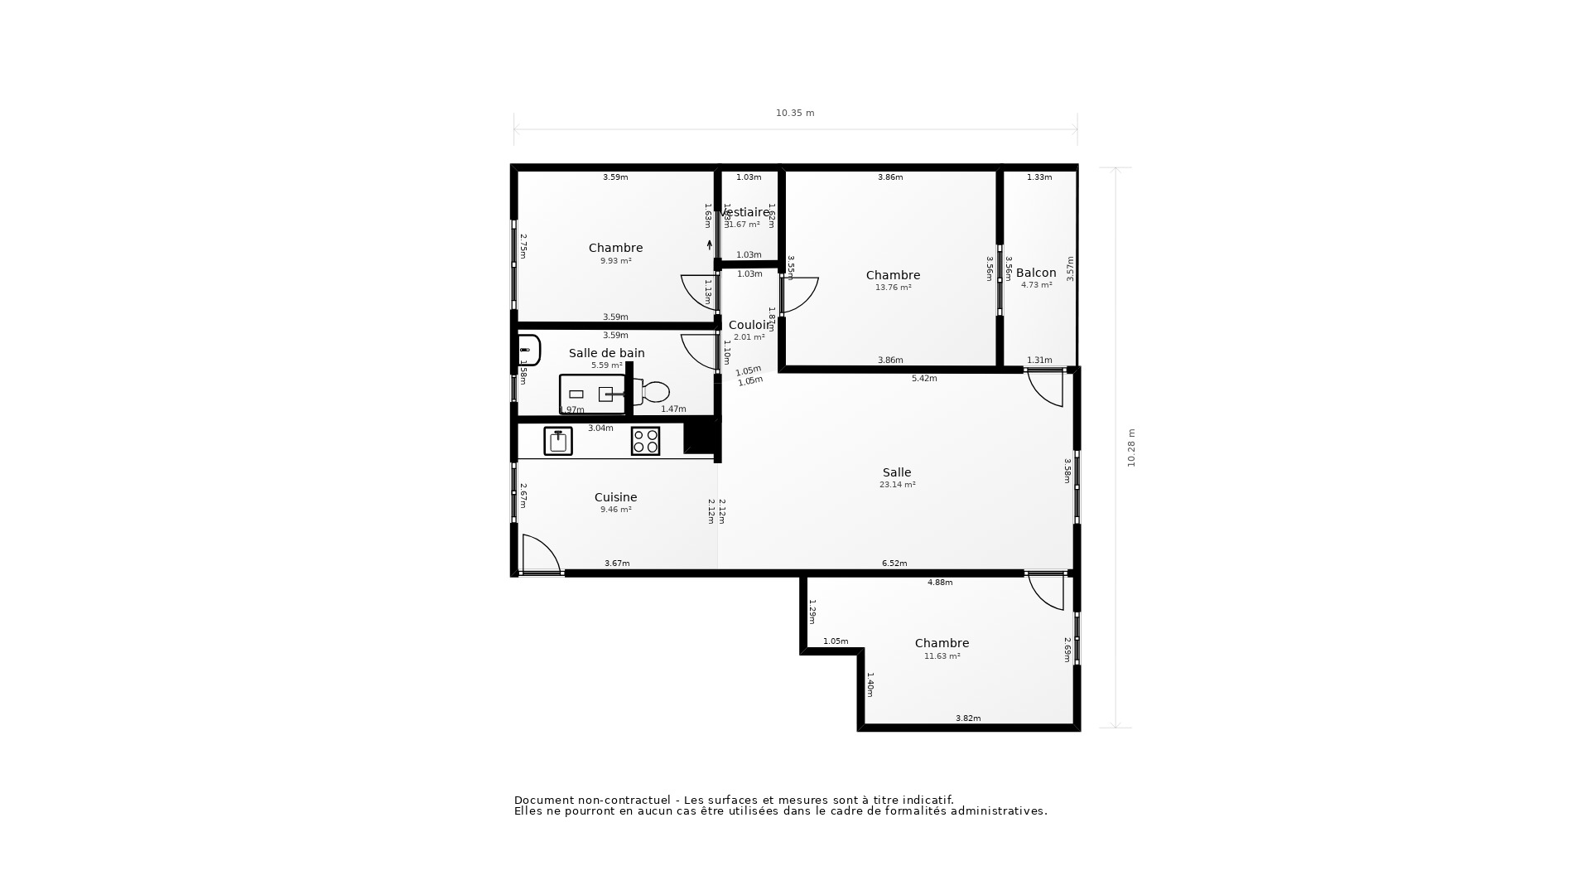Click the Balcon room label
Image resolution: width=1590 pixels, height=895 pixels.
click(x=1036, y=273)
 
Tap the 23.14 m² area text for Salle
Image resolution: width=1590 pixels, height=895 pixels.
click(x=897, y=485)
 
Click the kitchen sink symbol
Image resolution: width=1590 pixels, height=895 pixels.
click(x=558, y=441)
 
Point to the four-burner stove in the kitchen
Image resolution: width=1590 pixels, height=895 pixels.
click(x=645, y=441)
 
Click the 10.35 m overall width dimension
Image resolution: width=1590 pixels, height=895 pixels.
click(x=795, y=114)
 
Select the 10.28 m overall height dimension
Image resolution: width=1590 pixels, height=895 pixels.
click(x=1131, y=447)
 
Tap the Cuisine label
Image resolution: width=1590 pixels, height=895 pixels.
click(x=615, y=497)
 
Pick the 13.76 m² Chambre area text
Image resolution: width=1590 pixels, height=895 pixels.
click(x=893, y=288)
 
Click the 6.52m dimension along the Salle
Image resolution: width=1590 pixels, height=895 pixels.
click(x=894, y=564)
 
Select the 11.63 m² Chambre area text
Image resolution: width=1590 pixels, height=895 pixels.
click(x=942, y=656)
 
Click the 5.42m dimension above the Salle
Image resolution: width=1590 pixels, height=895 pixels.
click(x=924, y=379)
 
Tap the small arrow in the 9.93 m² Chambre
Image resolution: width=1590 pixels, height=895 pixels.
click(x=710, y=244)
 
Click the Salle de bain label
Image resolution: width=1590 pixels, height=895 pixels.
click(x=606, y=353)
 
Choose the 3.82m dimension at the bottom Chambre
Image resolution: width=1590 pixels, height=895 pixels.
click(x=968, y=718)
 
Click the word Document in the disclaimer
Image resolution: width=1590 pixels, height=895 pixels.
click(x=544, y=800)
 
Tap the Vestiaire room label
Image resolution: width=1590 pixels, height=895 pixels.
click(x=745, y=212)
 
